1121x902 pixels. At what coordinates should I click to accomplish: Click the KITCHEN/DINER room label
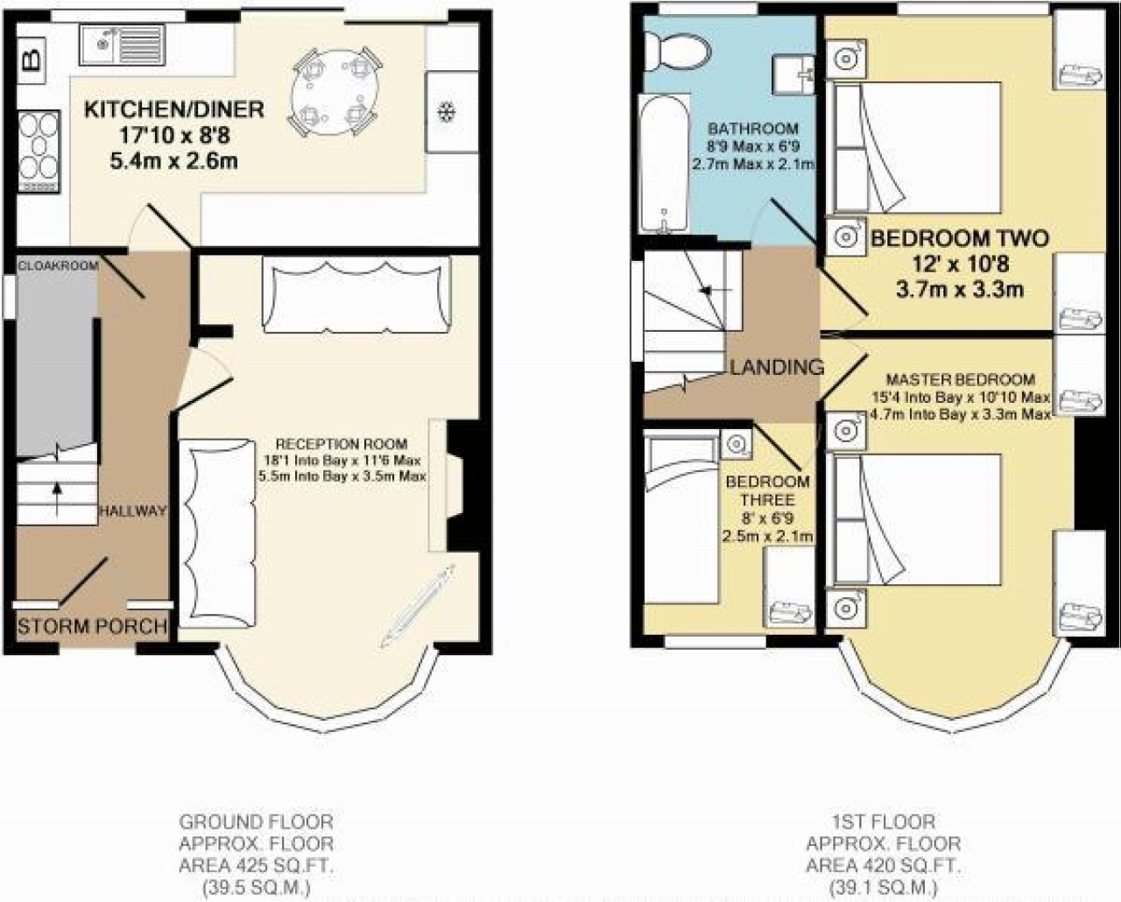coord(173,109)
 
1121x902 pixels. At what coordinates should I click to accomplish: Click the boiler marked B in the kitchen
coord(31,60)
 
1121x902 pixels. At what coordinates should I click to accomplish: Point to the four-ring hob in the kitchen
coord(38,151)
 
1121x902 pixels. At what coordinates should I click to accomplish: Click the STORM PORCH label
coord(92,627)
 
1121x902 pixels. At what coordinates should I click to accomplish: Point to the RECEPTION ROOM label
coord(342,443)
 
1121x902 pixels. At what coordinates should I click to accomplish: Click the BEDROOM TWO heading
coord(959,238)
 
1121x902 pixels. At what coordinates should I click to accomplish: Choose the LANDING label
coord(777,367)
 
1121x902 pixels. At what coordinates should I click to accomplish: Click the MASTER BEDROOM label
coord(960,380)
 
